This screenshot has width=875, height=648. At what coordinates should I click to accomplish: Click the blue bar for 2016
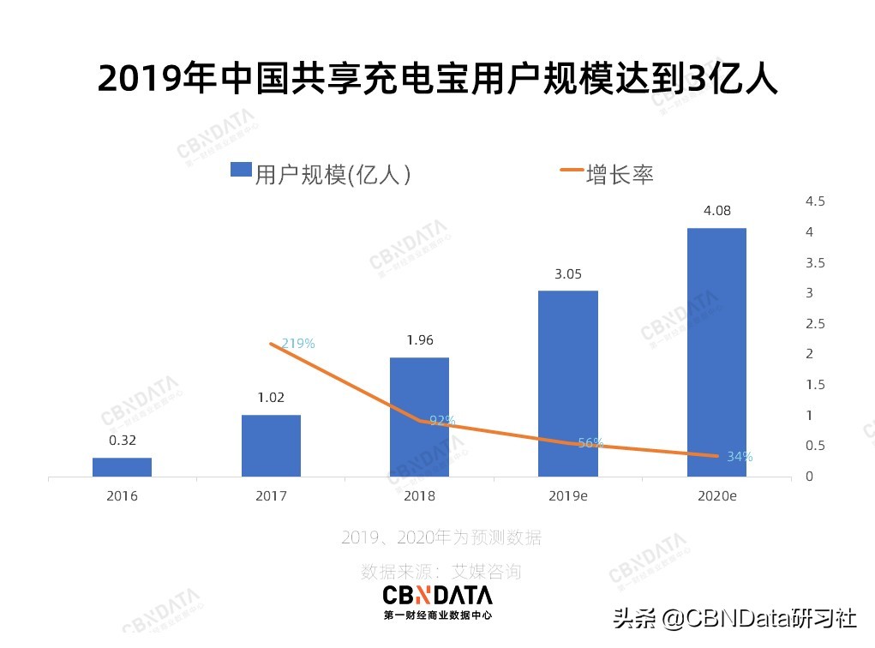(122, 467)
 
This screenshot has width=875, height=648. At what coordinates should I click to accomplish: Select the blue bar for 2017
(271, 446)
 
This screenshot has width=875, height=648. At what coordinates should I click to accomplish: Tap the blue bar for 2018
(419, 417)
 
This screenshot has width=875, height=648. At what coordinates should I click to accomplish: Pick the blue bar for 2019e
(567, 384)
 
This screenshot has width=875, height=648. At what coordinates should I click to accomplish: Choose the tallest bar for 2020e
(716, 352)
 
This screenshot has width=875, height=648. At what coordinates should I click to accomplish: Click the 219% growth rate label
(298, 344)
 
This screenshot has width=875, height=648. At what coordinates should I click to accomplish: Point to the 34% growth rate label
(740, 457)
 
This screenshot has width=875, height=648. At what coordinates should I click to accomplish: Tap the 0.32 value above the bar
(123, 441)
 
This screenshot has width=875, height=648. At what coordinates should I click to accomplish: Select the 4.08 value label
(716, 211)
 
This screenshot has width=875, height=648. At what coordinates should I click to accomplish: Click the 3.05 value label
(567, 274)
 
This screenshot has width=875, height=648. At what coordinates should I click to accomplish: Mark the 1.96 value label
(419, 340)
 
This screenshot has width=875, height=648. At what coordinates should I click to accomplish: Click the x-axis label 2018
(419, 496)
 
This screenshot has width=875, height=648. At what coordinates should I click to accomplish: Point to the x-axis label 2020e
(716, 496)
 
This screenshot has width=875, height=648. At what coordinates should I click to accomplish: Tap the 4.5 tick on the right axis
(814, 201)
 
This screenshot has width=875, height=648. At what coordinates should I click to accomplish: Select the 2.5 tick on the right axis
(814, 323)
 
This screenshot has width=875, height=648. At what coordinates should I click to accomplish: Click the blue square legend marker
(240, 170)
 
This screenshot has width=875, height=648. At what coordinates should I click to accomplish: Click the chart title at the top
(437, 79)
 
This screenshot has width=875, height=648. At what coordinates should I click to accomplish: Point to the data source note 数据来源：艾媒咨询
(440, 571)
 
